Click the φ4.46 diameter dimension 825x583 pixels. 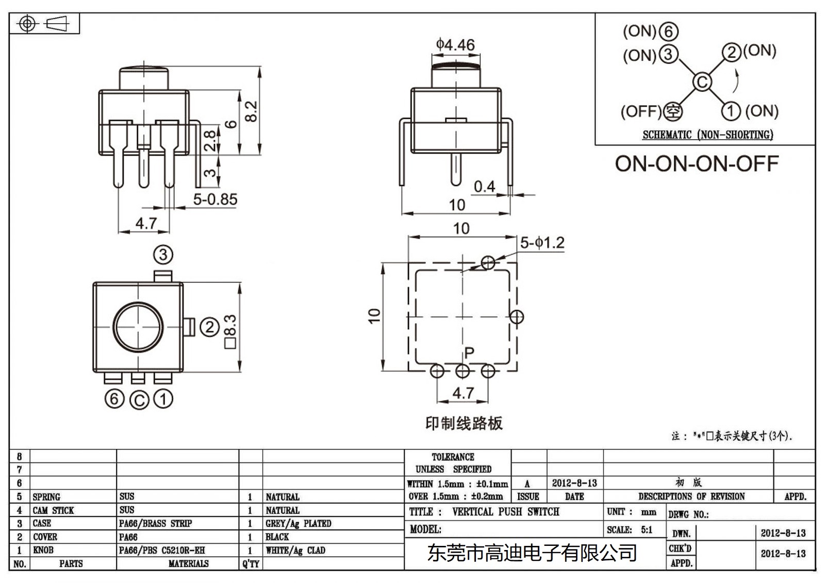tap(455, 45)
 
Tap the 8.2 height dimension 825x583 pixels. tap(251, 111)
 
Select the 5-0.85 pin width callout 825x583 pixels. tap(215, 199)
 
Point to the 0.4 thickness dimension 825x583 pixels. tap(484, 187)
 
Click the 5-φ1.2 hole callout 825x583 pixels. tap(542, 243)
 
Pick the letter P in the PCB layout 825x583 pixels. tap(469, 353)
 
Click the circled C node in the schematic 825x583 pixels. tap(702, 82)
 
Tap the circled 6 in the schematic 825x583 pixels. tap(669, 32)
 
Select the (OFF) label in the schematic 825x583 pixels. tap(640, 111)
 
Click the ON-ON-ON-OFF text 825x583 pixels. tap(696, 164)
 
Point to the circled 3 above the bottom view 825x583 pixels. tap(163, 255)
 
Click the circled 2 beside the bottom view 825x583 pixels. tap(209, 327)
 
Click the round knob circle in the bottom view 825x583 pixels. tap(138, 327)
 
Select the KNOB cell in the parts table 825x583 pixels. tap(43, 550)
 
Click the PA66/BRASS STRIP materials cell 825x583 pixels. tap(155, 523)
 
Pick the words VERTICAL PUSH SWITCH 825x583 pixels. tap(505, 512)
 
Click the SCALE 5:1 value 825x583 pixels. tap(646, 530)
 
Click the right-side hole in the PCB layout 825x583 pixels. tap(517, 317)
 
